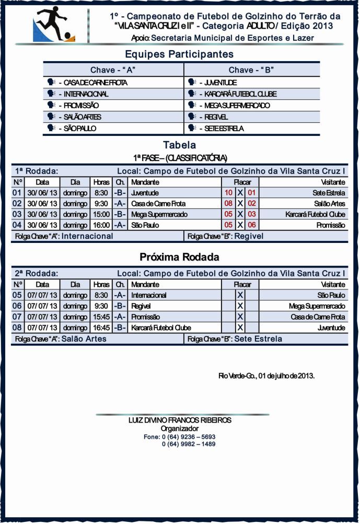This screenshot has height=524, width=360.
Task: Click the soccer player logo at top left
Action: (54, 27)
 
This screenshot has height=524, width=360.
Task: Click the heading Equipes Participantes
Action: (179, 54)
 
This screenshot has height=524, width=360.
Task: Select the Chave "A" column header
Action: (113, 70)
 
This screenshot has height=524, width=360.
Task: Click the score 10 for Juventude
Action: (228, 193)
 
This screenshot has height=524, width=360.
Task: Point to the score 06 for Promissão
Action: (251, 225)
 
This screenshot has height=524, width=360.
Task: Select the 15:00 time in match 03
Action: (101, 215)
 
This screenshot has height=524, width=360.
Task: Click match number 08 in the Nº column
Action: (17, 328)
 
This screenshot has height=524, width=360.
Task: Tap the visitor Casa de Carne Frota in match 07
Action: (318, 317)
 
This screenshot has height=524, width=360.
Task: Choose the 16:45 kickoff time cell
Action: (101, 328)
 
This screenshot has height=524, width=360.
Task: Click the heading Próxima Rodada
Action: (179, 258)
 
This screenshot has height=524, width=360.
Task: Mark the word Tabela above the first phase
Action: (179, 145)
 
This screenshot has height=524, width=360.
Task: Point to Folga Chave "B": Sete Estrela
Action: (235, 339)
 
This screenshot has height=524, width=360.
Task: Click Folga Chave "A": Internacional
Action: (64, 236)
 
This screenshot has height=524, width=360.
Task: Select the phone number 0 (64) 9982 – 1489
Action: (188, 444)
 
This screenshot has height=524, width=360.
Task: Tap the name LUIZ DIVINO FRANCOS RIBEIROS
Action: (180, 421)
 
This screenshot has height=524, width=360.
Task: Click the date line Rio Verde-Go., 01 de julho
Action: (266, 376)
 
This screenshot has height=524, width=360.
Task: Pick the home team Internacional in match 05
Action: (149, 295)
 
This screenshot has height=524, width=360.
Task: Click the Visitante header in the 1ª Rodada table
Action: (331, 182)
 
